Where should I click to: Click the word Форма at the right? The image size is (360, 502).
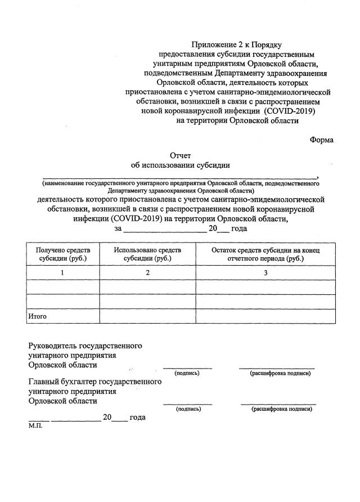point(321,140)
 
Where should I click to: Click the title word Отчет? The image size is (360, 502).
point(181,155)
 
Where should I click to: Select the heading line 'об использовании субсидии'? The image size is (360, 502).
point(180,165)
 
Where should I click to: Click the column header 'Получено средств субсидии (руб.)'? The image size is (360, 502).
point(63,254)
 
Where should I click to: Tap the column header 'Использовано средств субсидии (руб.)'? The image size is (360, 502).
point(147,254)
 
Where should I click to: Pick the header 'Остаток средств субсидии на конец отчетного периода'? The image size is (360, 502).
point(265,254)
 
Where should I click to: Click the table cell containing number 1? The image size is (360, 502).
point(63,272)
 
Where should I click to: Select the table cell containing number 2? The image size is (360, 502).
point(147,272)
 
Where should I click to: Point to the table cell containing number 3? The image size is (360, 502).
point(265,272)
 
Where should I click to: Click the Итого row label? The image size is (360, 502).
point(38,316)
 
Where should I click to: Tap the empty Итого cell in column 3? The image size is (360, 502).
point(265,316)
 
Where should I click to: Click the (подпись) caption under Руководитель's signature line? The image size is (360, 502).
point(187,373)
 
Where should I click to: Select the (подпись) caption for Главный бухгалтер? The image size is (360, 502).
point(188,409)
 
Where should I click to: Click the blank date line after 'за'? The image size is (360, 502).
point(164,229)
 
